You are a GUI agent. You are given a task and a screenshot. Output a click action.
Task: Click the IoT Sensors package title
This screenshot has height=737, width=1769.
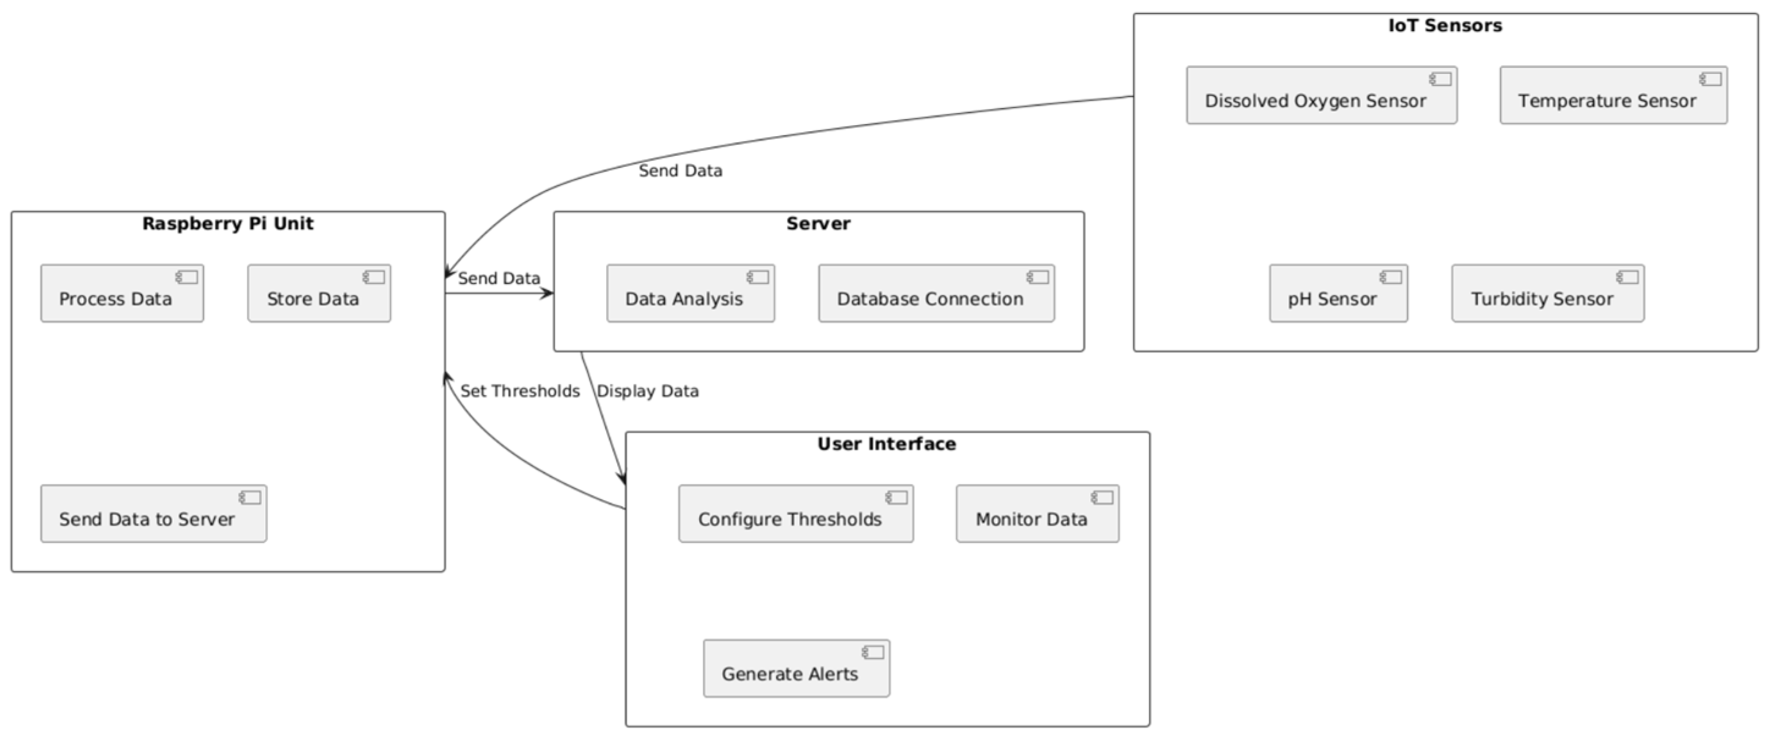coord(1445,26)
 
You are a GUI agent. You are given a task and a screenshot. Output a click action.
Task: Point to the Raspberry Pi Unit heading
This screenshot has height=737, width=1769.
coord(227,223)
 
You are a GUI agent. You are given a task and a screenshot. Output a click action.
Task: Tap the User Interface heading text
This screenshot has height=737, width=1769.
coord(886,444)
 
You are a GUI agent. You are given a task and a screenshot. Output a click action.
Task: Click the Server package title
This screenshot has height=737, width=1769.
coord(818,223)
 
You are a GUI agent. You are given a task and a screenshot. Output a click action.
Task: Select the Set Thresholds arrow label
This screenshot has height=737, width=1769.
coord(520,391)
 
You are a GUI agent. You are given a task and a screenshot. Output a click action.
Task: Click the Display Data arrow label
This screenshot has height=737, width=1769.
coord(648,391)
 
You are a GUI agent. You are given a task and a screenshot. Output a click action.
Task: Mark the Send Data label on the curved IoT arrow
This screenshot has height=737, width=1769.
coord(680,171)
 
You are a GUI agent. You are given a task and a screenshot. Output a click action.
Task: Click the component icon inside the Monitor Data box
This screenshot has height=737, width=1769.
coord(1102,498)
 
